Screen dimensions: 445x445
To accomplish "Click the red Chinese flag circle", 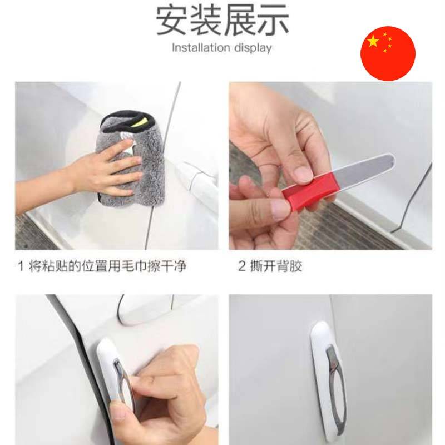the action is [x=388, y=53].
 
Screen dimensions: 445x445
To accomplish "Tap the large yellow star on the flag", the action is [x=373, y=41].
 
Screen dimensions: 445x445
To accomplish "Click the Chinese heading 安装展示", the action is [x=222, y=21].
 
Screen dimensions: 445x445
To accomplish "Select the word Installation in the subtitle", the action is [x=201, y=47].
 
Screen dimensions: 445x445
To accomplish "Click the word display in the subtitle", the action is [x=253, y=48].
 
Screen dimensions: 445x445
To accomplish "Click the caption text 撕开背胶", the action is [x=276, y=266].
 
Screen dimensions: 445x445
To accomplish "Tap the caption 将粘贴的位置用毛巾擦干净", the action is [x=107, y=266].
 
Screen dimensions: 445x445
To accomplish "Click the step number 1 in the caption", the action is [x=21, y=266].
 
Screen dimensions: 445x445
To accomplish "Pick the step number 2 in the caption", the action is [x=241, y=266].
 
